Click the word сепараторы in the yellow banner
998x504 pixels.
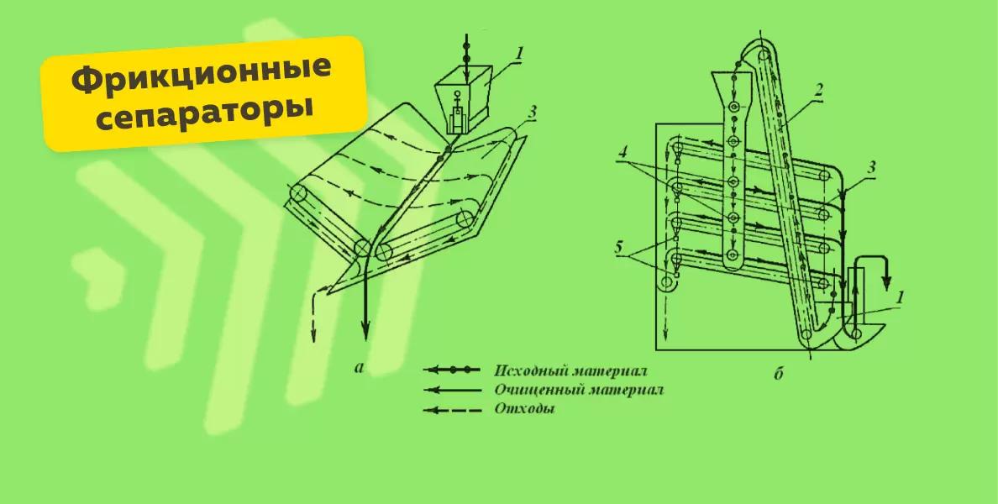coord(202,111)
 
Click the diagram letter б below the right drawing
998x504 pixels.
coord(778,373)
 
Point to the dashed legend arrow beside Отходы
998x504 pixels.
coord(453,411)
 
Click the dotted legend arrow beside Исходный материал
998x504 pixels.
coord(453,370)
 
